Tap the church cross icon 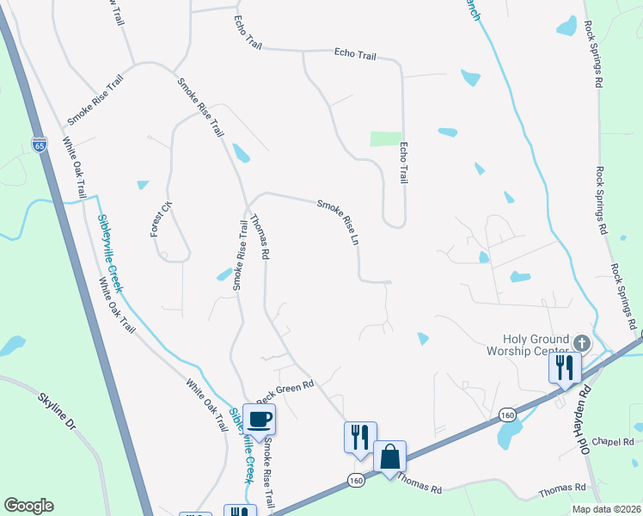pos(581,342)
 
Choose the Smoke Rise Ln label pos(337,222)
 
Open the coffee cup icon pos(259,419)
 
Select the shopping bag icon pos(389,456)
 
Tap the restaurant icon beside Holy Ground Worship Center pos(565,367)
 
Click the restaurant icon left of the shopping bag pos(359,437)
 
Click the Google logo pos(28,506)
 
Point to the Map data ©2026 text pos(607,509)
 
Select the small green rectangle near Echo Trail pos(386,138)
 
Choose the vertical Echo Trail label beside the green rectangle pos(402,162)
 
